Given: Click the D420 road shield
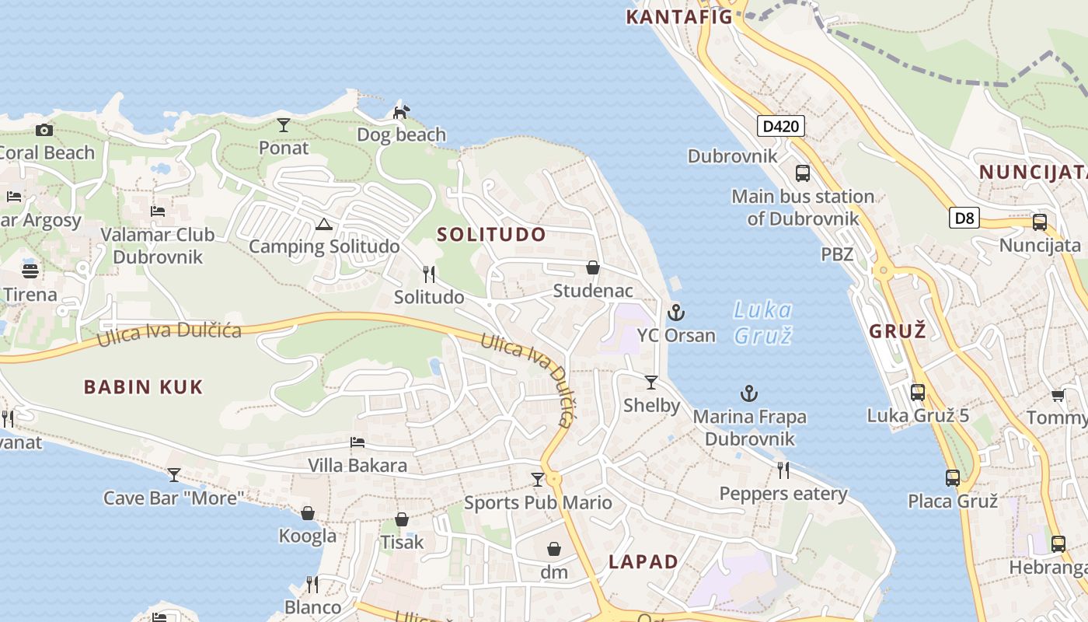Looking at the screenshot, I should coord(781,126).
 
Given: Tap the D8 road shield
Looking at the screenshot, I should coord(964,218).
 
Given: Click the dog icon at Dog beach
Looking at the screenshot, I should coord(401,113).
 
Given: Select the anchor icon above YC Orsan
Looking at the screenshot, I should coord(676,313).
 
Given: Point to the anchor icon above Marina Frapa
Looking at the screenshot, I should coord(749,394).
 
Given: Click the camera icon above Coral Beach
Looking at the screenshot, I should coord(44,130).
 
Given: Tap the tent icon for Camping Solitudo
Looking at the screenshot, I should coord(324,225).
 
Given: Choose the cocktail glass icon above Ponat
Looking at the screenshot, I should coord(284,124).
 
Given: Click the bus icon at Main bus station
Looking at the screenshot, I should coord(803,173).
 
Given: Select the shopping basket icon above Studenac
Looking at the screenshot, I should coord(593,267).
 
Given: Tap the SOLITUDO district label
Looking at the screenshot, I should coord(491,234).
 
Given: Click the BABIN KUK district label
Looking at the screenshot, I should coord(144,386).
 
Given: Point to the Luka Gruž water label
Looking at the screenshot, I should coord(762,323).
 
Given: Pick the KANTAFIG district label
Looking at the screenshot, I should coord(680,16).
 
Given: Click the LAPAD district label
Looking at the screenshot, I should coord(643,561).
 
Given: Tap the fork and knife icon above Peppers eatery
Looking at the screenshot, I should coord(783,470).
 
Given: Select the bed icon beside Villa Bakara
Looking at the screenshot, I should coord(357,442).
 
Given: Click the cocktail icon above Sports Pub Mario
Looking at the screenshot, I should coord(538,479).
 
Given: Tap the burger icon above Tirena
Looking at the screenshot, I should coord(30,271).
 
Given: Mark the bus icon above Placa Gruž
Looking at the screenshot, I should coord(953,477).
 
